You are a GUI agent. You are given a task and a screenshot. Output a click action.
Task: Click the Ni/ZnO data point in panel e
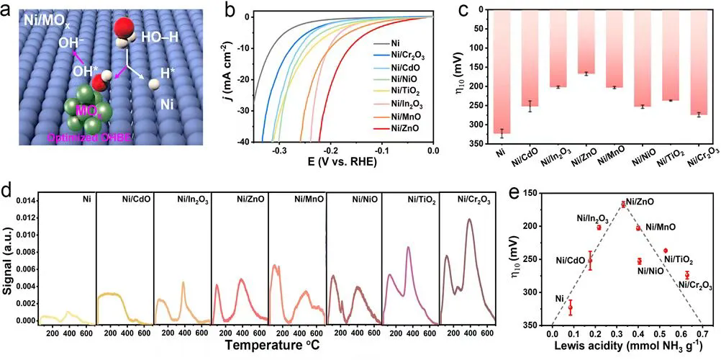pyautogui.click(x=623, y=204)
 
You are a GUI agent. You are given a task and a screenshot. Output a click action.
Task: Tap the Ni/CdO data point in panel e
pyautogui.click(x=590, y=261)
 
